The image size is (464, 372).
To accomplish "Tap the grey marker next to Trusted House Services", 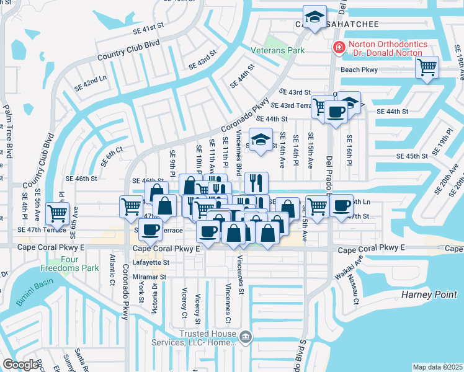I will (246, 337).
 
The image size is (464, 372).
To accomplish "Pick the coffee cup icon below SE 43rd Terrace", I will (336, 112).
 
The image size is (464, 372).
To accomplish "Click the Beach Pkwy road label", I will (359, 69).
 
